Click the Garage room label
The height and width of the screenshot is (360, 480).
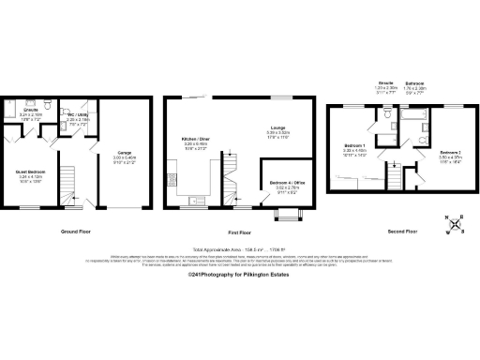124,152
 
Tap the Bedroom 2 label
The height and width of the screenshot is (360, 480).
448,152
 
